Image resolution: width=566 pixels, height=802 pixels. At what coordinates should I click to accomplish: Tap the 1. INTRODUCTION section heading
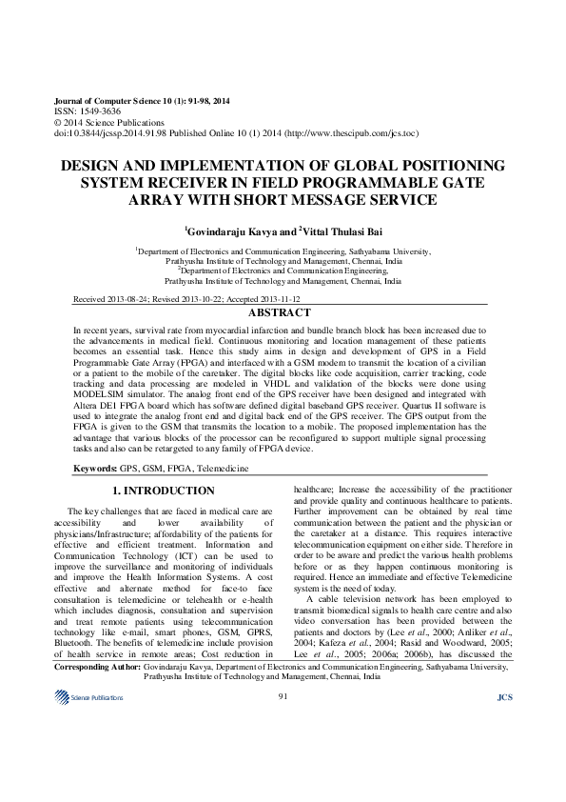click(164, 491)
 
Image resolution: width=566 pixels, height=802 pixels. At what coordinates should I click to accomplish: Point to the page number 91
click(283, 752)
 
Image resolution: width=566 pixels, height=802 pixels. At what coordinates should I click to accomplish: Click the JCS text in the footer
click(505, 752)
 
